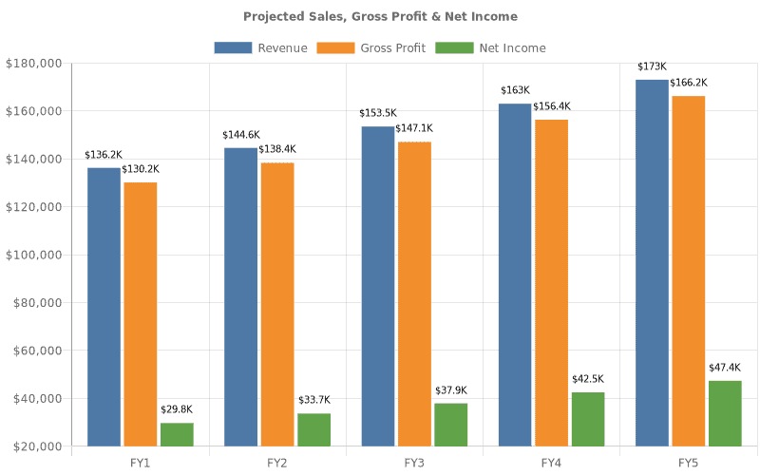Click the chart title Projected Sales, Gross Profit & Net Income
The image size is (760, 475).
tap(380, 16)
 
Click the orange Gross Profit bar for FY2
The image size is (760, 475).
tap(277, 304)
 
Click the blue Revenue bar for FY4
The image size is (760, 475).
tap(515, 275)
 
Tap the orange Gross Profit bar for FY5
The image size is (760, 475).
tap(688, 271)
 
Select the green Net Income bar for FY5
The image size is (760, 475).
tap(724, 413)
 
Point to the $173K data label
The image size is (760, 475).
tap(652, 66)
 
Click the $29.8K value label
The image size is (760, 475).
tap(177, 410)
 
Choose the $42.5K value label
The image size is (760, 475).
tap(587, 379)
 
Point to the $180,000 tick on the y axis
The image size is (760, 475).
tap(33, 64)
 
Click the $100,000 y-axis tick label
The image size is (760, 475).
tap(33, 255)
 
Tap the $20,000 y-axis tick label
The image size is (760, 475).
tap(36, 446)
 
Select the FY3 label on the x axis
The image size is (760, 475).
tap(414, 463)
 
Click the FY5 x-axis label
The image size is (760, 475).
tap(688, 463)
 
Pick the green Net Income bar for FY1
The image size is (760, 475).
tap(177, 434)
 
